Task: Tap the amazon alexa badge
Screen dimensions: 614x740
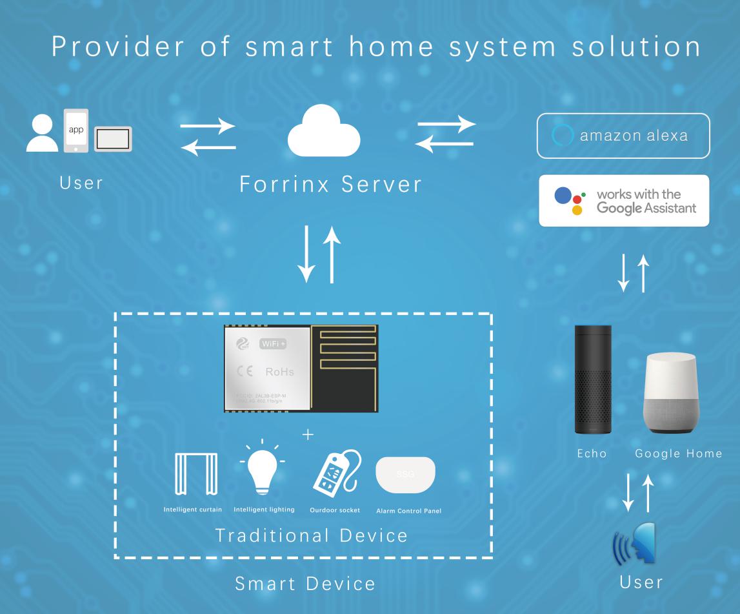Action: pyautogui.click(x=623, y=136)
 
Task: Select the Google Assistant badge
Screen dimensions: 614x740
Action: pyautogui.click(x=624, y=201)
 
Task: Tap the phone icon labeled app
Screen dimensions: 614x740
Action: pyautogui.click(x=75, y=130)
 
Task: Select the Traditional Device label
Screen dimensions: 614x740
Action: pyautogui.click(x=312, y=535)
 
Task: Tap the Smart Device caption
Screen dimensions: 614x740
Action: pyautogui.click(x=305, y=584)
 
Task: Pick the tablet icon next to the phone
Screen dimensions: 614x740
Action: pyautogui.click(x=113, y=139)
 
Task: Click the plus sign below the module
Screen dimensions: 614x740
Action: pyautogui.click(x=308, y=435)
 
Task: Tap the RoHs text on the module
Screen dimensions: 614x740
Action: pyautogui.click(x=279, y=371)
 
